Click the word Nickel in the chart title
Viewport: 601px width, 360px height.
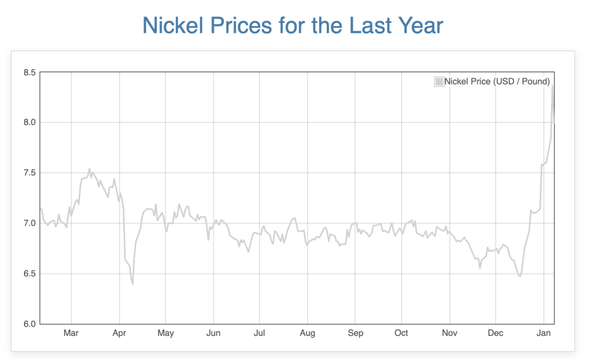pyautogui.click(x=170, y=26)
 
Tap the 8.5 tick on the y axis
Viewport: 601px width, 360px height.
pyautogui.click(x=29, y=72)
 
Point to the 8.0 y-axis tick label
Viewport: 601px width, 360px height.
pyautogui.click(x=29, y=123)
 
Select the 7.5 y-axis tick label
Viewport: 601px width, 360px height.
pyautogui.click(x=29, y=173)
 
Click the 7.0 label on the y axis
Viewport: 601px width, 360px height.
pyautogui.click(x=29, y=223)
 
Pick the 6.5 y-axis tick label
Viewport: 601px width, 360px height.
pyautogui.click(x=29, y=274)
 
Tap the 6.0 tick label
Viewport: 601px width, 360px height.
pyautogui.click(x=29, y=324)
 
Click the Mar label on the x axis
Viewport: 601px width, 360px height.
pyautogui.click(x=71, y=333)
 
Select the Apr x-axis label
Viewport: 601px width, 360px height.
pyautogui.click(x=119, y=333)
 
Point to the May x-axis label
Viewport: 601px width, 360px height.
pyautogui.click(x=166, y=333)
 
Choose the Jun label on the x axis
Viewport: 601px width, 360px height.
pyautogui.click(x=214, y=333)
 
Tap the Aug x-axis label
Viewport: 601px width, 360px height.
pyautogui.click(x=307, y=333)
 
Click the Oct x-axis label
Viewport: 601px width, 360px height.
pyautogui.click(x=401, y=333)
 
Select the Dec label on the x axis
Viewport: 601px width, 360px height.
pyautogui.click(x=496, y=333)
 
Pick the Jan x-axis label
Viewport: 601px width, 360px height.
pyautogui.click(x=544, y=333)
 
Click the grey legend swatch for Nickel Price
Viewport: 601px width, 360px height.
pyautogui.click(x=439, y=82)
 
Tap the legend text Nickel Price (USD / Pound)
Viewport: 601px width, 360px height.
pyautogui.click(x=497, y=82)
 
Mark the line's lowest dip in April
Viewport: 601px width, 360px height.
pyautogui.click(x=133, y=284)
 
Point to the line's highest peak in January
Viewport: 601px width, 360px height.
pyautogui.click(x=552, y=86)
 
